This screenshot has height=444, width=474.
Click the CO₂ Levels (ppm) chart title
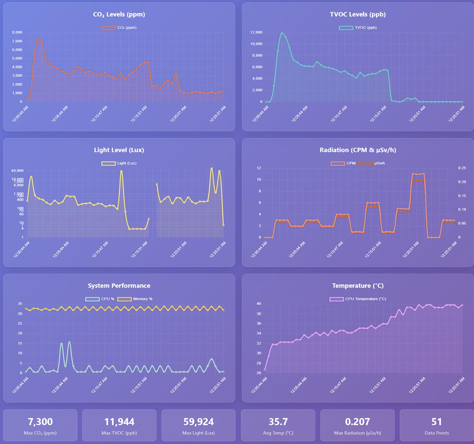[119, 14]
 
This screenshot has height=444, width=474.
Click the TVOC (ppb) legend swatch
[346, 28]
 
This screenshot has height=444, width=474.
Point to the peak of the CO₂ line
[38, 38]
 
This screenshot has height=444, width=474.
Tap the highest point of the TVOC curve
[282, 33]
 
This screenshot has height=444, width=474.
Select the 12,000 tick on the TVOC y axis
[256, 32]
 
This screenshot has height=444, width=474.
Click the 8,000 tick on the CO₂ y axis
[17, 32]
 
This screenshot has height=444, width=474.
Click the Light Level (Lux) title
[119, 150]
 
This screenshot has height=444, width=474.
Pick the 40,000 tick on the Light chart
[17, 171]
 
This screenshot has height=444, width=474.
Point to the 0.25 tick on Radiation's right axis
[462, 168]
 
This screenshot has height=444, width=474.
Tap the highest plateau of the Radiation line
[418, 174]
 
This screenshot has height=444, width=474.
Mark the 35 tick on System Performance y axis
[20, 304]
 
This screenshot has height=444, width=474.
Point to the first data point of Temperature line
[265, 370]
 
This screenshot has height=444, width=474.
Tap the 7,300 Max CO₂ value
[40, 422]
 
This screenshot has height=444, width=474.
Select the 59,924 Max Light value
[198, 422]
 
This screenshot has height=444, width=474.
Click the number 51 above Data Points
[436, 422]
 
